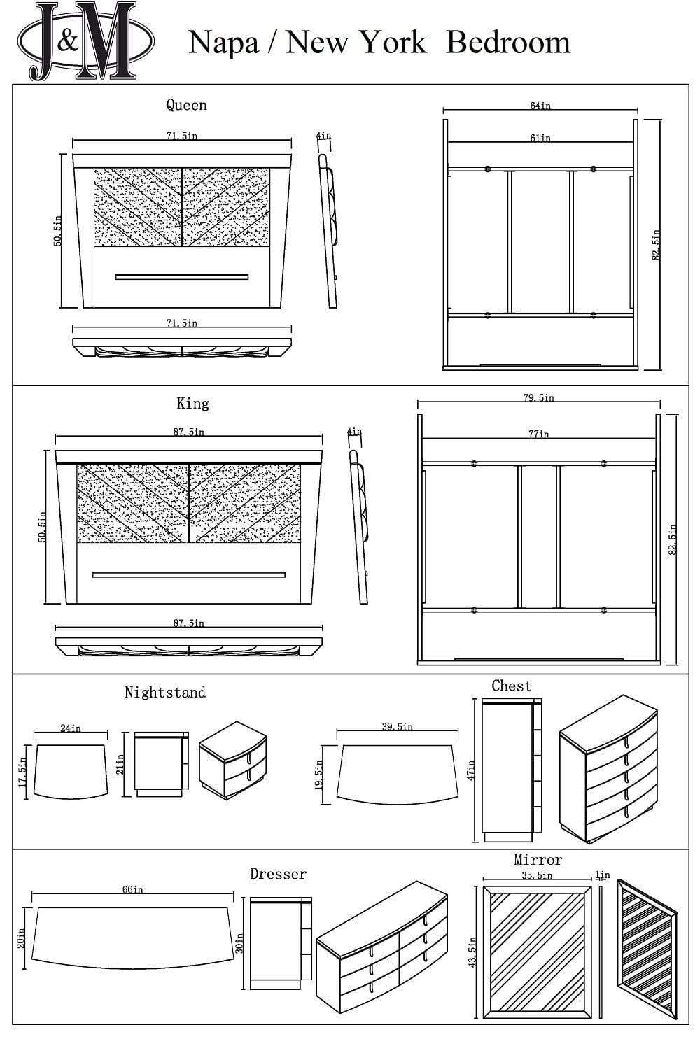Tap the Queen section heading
pyautogui.click(x=186, y=105)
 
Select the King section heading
pyautogui.click(x=192, y=404)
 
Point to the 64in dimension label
pyautogui.click(x=540, y=106)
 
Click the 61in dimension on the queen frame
pyautogui.click(x=540, y=138)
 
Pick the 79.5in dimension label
pyautogui.click(x=538, y=397)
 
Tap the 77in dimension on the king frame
pyautogui.click(x=538, y=434)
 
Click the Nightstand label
pyautogui.click(x=165, y=693)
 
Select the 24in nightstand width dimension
pyautogui.click(x=70, y=728)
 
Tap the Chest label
pyautogui.click(x=511, y=686)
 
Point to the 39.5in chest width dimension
pyautogui.click(x=397, y=727)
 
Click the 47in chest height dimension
pyautogui.click(x=471, y=770)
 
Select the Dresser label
pyautogui.click(x=278, y=874)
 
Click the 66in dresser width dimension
pyautogui.click(x=132, y=889)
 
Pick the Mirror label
pyautogui.click(x=538, y=860)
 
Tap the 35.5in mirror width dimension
pyautogui.click(x=536, y=875)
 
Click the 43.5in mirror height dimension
pyautogui.click(x=472, y=952)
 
